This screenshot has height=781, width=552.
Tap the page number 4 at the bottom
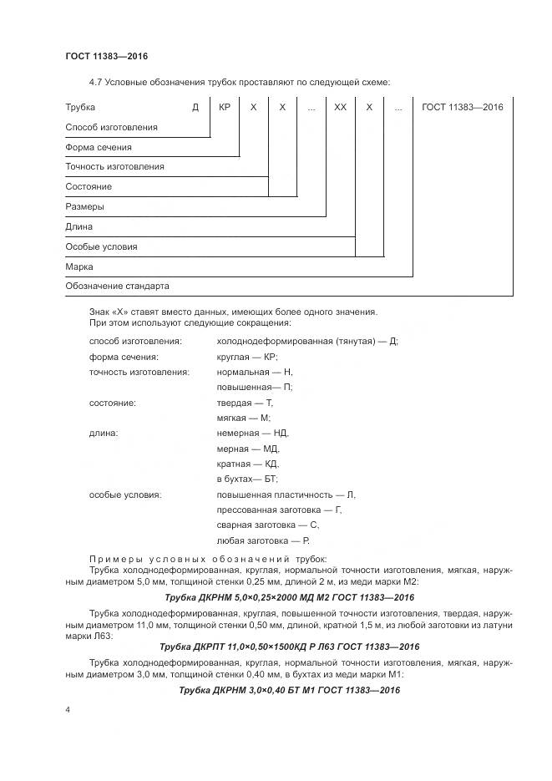click(x=68, y=709)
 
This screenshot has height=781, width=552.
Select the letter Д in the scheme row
click(x=195, y=107)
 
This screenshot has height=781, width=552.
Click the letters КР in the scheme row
click(x=224, y=107)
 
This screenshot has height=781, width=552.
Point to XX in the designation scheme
click(x=340, y=107)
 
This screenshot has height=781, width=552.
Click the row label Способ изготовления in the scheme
click(x=111, y=127)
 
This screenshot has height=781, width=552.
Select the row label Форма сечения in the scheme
click(x=99, y=147)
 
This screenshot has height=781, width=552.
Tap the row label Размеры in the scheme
click(x=84, y=206)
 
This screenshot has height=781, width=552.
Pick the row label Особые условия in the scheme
click(x=101, y=246)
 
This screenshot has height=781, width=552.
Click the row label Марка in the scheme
click(x=79, y=266)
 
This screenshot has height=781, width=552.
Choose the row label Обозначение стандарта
click(x=117, y=286)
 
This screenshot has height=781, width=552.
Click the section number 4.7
click(x=95, y=81)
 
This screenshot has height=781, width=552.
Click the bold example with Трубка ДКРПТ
click(x=289, y=647)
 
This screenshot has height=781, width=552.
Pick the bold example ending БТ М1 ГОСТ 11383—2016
click(x=289, y=690)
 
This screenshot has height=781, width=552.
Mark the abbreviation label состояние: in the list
click(x=112, y=403)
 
